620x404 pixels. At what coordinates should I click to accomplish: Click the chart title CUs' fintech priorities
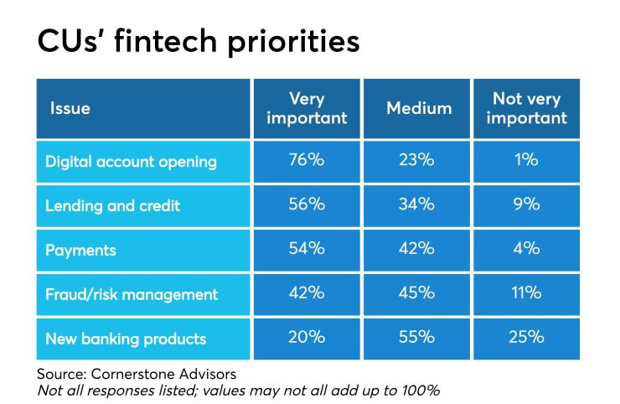pyautogui.click(x=199, y=40)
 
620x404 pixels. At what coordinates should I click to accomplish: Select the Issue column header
pyautogui.click(x=70, y=108)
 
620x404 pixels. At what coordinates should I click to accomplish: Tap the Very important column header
pyautogui.click(x=307, y=108)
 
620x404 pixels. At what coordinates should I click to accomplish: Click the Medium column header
pyautogui.click(x=418, y=108)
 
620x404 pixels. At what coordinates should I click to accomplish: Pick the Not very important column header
pyautogui.click(x=526, y=108)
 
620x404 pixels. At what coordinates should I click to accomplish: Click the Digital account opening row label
pyautogui.click(x=132, y=162)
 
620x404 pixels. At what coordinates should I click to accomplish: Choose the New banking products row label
pyautogui.click(x=125, y=338)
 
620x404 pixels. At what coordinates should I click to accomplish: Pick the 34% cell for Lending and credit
pyautogui.click(x=417, y=205)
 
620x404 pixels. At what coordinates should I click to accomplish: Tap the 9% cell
pyautogui.click(x=527, y=205)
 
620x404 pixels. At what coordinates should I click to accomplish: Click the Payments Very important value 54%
pyautogui.click(x=307, y=250)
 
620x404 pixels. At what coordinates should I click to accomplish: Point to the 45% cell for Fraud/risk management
pyautogui.click(x=417, y=293)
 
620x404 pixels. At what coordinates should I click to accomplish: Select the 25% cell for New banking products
pyautogui.click(x=527, y=337)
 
